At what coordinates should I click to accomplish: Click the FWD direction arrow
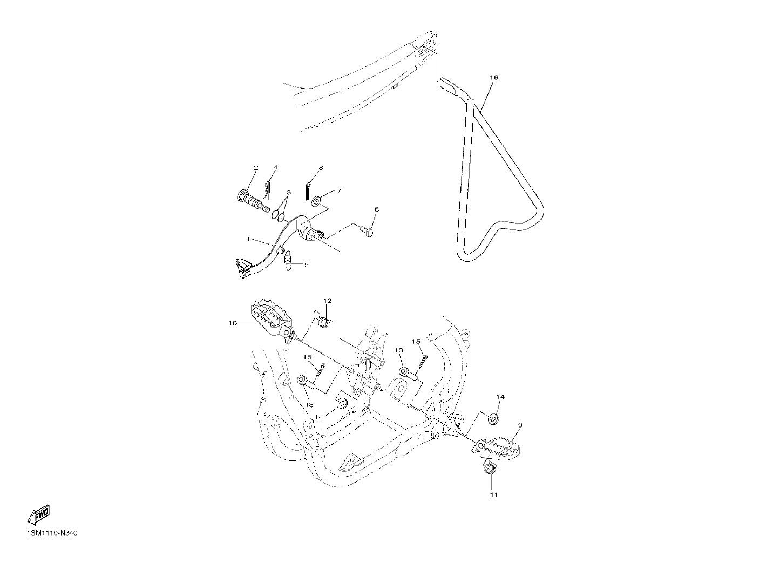(x=39, y=514)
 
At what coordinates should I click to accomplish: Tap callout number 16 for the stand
(x=494, y=77)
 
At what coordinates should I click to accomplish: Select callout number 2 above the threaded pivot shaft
(x=256, y=168)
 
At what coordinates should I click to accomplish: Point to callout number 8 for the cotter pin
(x=321, y=168)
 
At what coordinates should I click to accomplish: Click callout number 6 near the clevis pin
(x=377, y=209)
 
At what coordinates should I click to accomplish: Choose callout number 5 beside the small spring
(x=307, y=265)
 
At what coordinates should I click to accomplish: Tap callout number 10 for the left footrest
(x=233, y=323)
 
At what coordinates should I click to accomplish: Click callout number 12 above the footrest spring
(x=328, y=301)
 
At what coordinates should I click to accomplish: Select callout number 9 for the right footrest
(x=520, y=425)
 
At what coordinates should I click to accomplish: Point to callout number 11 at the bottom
(x=494, y=495)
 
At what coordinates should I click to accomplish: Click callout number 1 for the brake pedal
(x=248, y=239)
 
